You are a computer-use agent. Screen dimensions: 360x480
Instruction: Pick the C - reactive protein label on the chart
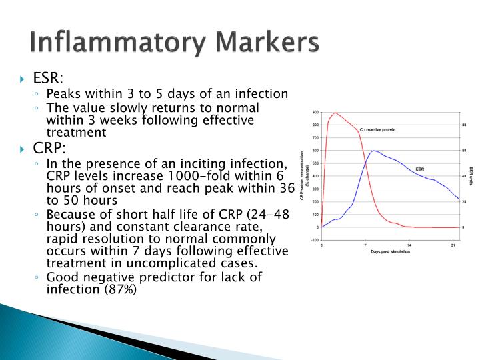377,129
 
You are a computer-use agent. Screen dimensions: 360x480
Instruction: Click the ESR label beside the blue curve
420,169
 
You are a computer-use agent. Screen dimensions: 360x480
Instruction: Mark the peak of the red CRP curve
335,113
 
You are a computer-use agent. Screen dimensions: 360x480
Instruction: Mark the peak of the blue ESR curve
374,151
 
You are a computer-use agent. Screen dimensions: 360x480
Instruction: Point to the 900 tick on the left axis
315,112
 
